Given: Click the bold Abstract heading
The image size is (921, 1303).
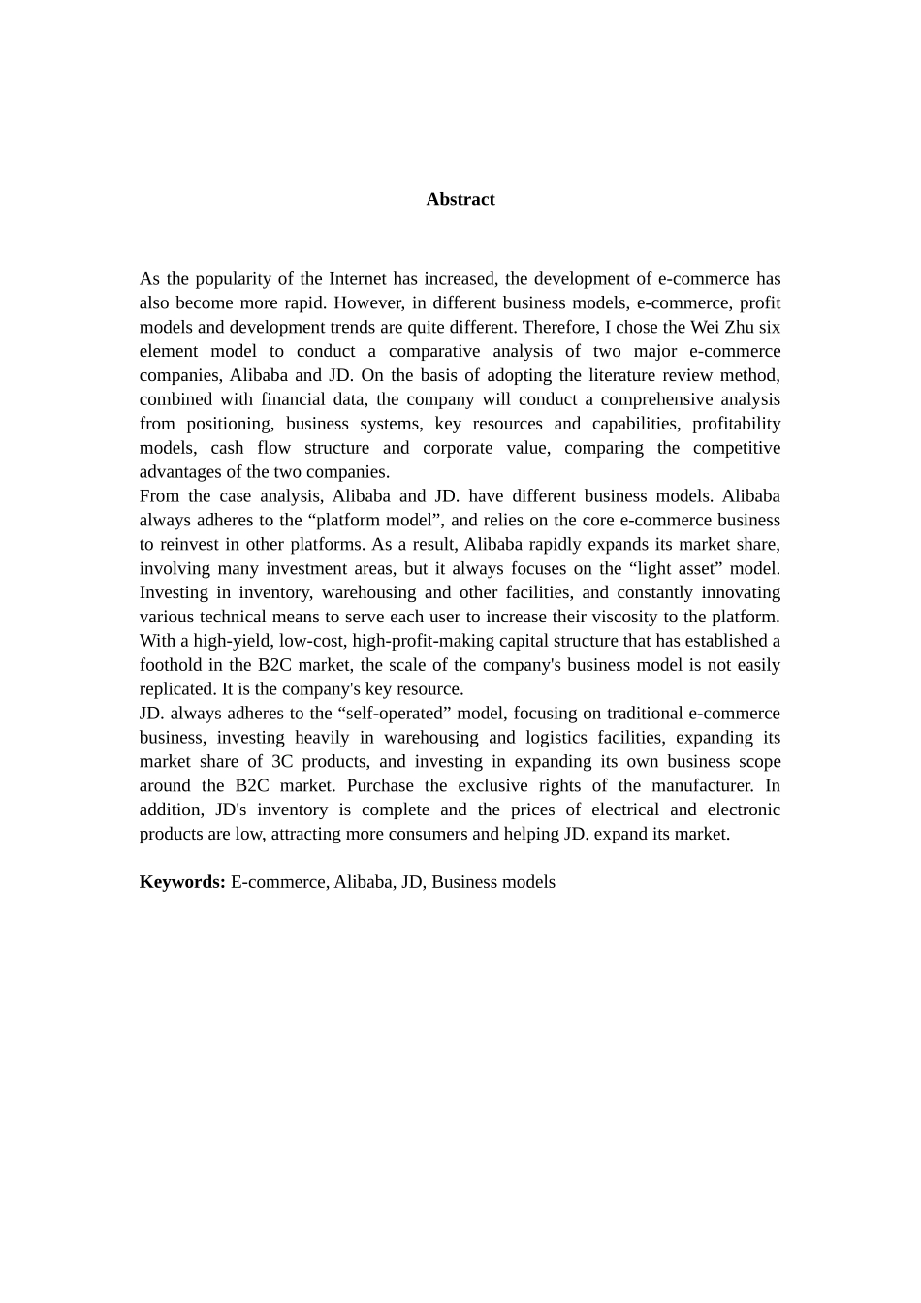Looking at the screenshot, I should pyautogui.click(x=460, y=199).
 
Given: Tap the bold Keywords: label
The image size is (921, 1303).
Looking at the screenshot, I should pyautogui.click(x=182, y=882).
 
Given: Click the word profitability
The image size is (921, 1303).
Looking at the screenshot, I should pyautogui.click(x=736, y=424).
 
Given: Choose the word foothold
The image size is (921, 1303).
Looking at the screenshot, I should pyautogui.click(x=171, y=665).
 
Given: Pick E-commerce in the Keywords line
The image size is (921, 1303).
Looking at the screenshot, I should pyautogui.click(x=279, y=882).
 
